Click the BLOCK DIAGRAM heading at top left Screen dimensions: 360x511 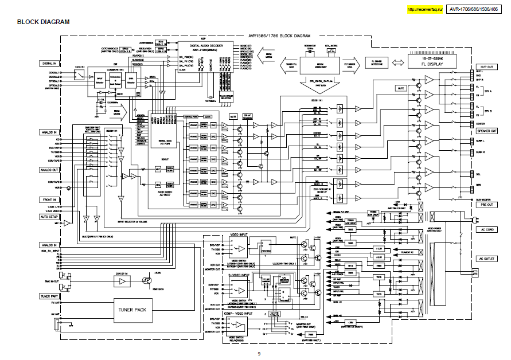coord(43,22)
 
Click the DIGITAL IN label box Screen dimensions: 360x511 coord(48,63)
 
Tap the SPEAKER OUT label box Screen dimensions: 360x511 coord(486,131)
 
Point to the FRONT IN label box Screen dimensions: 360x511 coord(48,199)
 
